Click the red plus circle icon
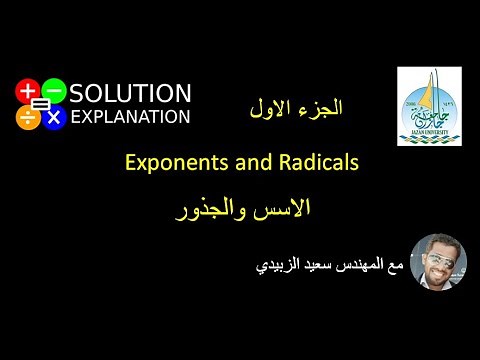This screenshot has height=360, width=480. click(x=27, y=91)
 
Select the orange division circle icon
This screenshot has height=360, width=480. click(x=27, y=117)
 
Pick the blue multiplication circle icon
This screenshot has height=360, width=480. click(x=54, y=117)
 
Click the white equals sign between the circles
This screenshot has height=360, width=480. click(x=41, y=104)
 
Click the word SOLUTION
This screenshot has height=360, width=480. click(x=131, y=93)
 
